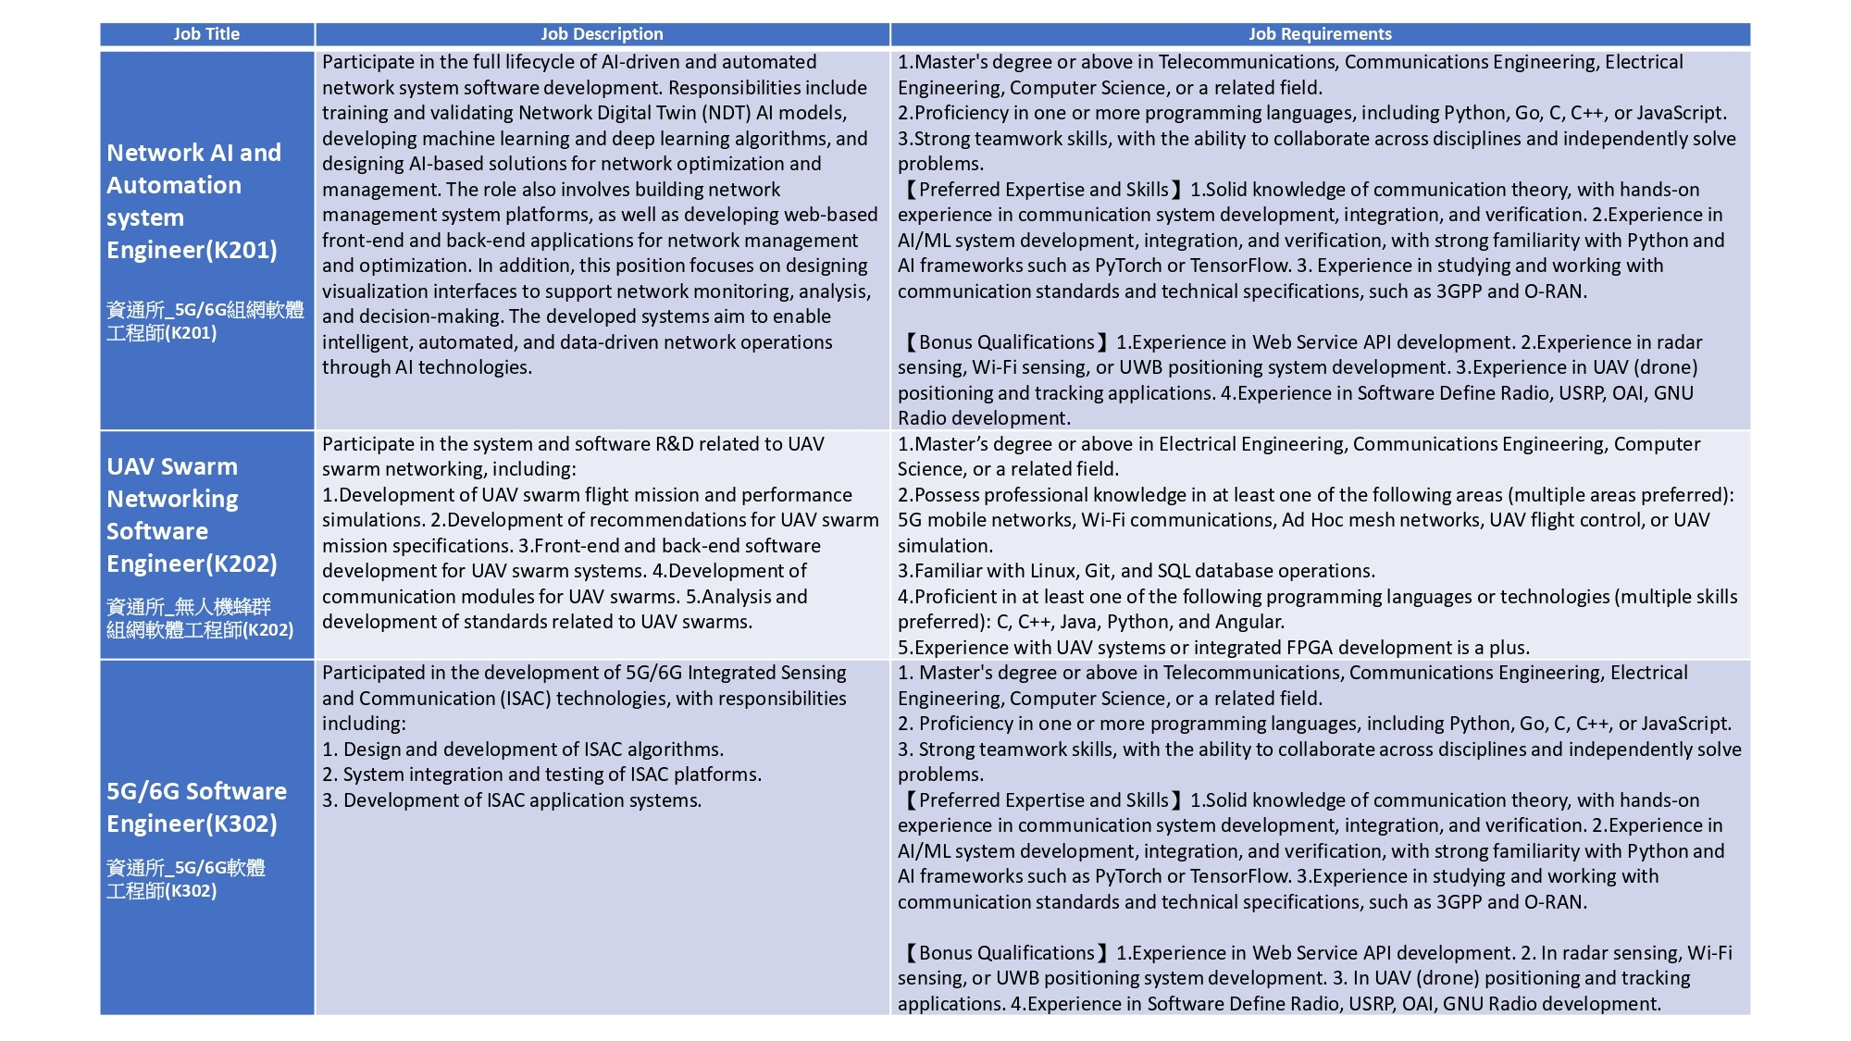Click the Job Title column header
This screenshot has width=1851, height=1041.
206,34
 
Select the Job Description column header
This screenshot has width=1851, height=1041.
602,34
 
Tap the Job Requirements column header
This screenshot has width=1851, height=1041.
1320,34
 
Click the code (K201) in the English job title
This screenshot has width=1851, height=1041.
244,251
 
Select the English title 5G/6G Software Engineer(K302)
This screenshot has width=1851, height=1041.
196,807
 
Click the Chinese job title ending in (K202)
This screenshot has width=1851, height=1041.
199,618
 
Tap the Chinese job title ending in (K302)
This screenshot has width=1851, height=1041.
185,879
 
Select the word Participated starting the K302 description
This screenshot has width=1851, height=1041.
372,673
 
